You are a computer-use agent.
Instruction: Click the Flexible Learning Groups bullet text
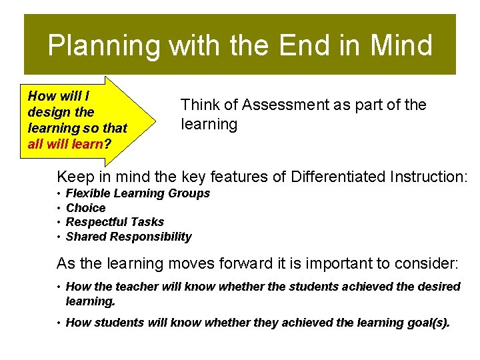coord(138,193)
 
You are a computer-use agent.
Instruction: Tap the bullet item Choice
coord(86,208)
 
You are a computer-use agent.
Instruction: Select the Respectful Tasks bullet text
coord(115,222)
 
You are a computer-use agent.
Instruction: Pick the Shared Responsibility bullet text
coord(129,237)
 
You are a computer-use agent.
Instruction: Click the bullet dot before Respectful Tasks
coord(59,222)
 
